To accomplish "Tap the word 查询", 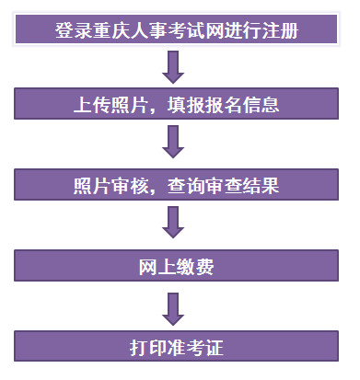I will click(x=190, y=187).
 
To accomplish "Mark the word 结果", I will click(x=261, y=187).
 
